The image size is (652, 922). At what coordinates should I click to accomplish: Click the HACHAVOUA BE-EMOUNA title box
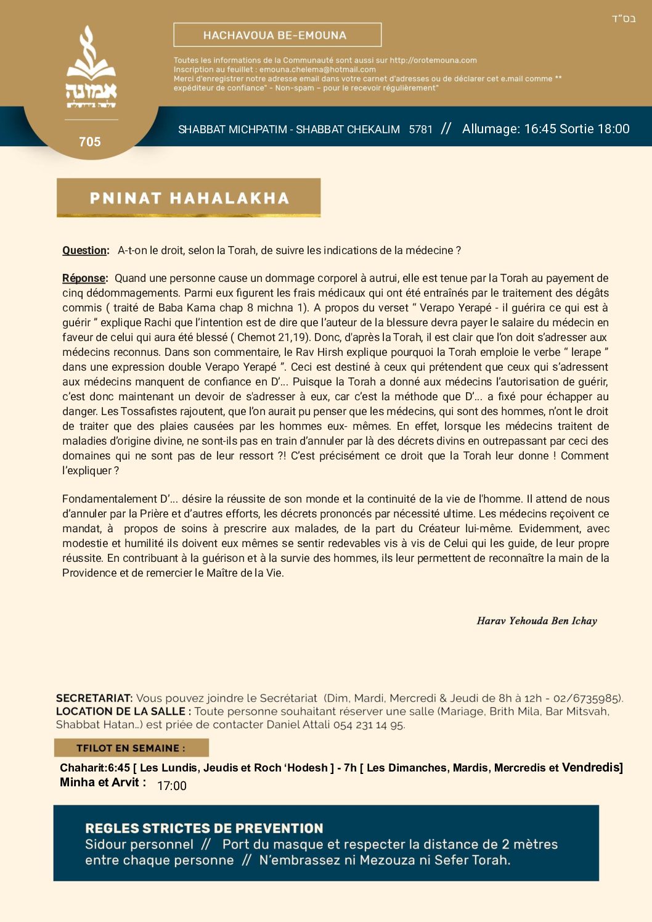pos(277,35)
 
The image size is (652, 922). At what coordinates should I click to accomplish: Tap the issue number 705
pos(90,142)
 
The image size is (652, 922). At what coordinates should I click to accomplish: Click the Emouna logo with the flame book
pos(91,68)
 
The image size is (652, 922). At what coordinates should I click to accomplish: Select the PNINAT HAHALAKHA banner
pos(189,198)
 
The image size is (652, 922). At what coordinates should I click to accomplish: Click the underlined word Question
pos(85,250)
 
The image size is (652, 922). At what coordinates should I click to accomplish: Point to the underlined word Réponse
pos(84,278)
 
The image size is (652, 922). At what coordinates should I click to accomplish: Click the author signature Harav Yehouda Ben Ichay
pos(537,621)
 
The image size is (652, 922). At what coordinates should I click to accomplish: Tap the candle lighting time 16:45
pos(540,129)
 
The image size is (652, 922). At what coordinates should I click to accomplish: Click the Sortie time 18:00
pos(613,129)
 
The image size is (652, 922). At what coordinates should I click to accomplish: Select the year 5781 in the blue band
pos(421,130)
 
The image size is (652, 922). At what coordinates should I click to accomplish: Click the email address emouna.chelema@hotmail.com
pos(317,70)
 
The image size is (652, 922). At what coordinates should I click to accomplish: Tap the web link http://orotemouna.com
pos(433,60)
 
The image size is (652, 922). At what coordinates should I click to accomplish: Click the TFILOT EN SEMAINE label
pos(131,748)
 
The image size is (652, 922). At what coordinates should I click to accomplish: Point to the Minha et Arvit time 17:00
pos(172,786)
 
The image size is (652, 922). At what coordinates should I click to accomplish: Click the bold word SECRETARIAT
pos(94,698)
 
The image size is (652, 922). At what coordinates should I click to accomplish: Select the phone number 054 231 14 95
pos(369,725)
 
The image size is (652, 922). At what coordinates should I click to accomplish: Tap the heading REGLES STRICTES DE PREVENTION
pos(204,828)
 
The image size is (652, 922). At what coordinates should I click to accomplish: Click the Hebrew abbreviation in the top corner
pos(623,19)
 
